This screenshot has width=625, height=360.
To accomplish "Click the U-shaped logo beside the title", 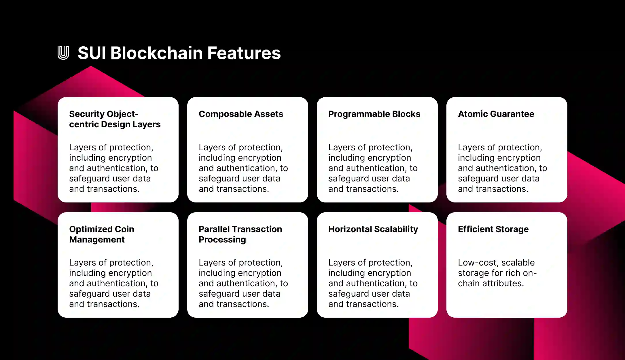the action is point(63,53).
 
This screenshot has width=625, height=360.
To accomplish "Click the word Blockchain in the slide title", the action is point(156,53).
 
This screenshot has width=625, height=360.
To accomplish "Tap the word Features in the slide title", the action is point(244,53).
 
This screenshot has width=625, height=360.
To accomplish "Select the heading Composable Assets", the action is point(241,114).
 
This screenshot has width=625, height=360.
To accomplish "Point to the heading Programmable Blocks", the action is point(374,114).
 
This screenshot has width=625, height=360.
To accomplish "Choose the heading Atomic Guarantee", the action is point(496,114).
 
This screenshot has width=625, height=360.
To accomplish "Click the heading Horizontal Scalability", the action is point(373,229).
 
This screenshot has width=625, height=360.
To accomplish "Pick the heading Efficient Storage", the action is point(493,229).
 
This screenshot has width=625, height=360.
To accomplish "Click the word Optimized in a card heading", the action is point(90,229).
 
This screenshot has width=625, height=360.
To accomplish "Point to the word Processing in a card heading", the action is point(222,240).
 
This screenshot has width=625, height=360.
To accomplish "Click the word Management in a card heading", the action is point(97,240).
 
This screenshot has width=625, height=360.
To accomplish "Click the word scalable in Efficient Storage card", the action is point(518,263).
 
